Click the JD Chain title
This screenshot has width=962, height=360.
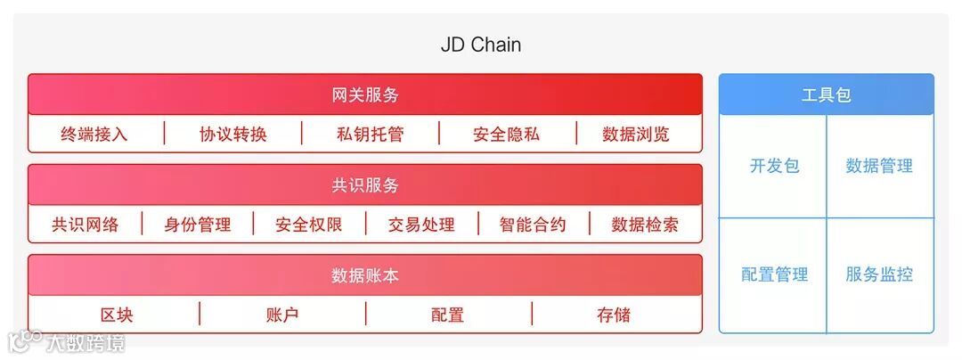(x=480, y=45)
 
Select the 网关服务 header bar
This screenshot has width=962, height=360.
(x=365, y=94)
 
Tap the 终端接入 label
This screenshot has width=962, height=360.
(x=94, y=135)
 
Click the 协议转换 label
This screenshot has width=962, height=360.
(x=233, y=135)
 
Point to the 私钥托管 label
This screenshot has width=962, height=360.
(x=370, y=135)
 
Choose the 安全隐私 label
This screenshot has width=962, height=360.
(x=506, y=135)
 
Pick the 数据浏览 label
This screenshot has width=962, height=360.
(x=636, y=135)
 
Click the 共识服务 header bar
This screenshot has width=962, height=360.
(x=365, y=185)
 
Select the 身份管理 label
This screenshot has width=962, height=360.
(x=197, y=225)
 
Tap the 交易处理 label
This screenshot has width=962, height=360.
(x=421, y=225)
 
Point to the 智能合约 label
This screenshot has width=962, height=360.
(x=533, y=225)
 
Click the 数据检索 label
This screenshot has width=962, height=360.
(x=645, y=225)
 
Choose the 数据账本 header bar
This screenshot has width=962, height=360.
(x=365, y=275)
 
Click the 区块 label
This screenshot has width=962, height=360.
(x=117, y=315)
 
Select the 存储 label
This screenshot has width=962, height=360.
(x=614, y=315)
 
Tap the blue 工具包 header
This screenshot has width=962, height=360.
(x=826, y=94)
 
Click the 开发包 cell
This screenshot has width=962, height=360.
(x=774, y=166)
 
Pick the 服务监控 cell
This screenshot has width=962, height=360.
(x=879, y=274)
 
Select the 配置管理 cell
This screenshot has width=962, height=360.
(x=774, y=274)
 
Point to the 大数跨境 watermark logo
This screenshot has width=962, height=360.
(x=67, y=342)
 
